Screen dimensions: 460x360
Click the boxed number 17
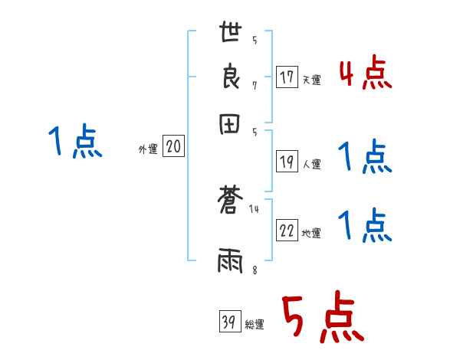pyautogui.click(x=287, y=77)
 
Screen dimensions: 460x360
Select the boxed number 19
pyautogui.click(x=287, y=162)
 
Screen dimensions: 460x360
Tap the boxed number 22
pyautogui.click(x=287, y=231)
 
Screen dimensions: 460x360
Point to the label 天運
pyautogui.click(x=311, y=80)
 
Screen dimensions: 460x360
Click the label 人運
pyautogui.click(x=311, y=164)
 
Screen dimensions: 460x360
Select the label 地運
pyautogui.click(x=311, y=234)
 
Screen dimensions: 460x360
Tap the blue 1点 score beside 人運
pyautogui.click(x=365, y=158)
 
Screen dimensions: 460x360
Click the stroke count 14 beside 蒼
pyautogui.click(x=254, y=209)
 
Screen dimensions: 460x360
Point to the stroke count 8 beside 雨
pyautogui.click(x=254, y=270)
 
